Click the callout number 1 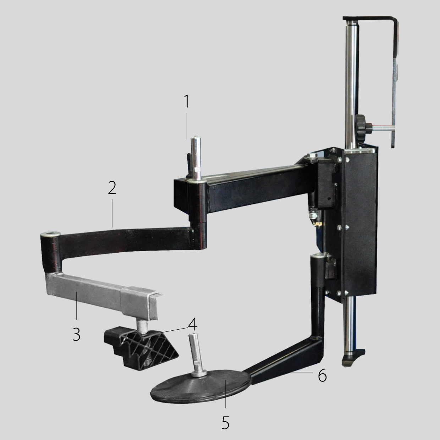click(x=187, y=101)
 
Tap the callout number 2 click(x=112, y=188)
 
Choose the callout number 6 click(x=322, y=375)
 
